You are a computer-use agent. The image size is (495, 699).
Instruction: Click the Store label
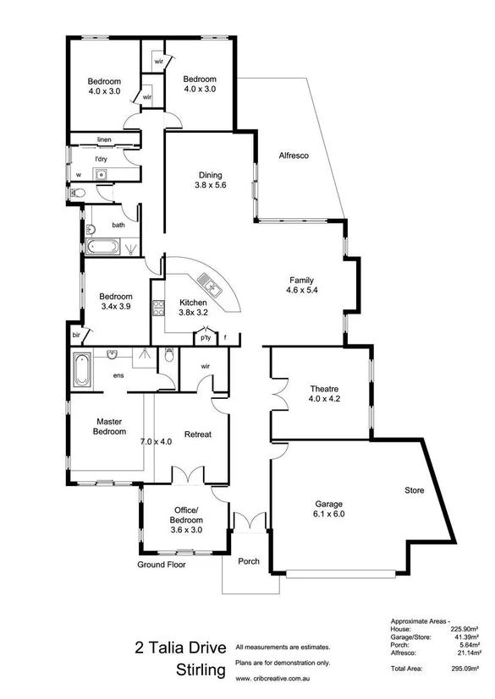click(414, 490)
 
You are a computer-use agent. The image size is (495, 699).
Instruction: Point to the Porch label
click(249, 561)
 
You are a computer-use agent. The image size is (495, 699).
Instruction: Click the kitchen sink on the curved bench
click(208, 287)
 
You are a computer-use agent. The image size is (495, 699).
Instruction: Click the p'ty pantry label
click(205, 338)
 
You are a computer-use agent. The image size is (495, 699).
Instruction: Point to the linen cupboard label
click(104, 139)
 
